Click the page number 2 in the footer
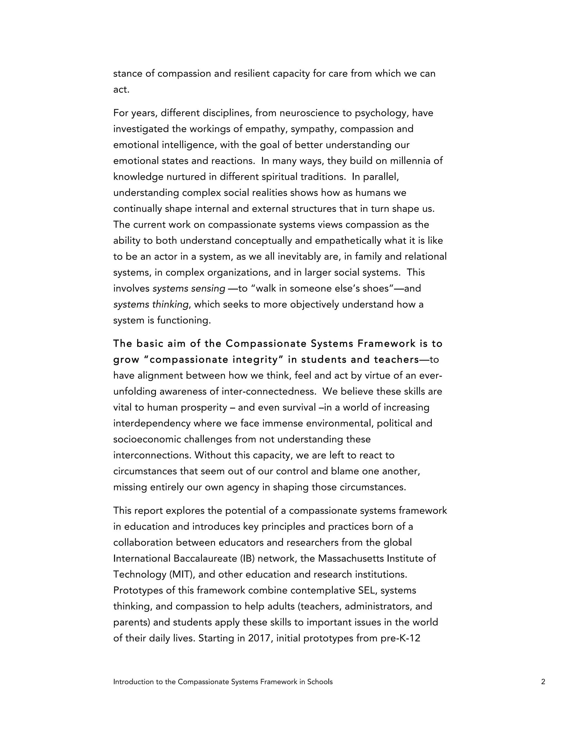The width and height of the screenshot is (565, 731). [543, 682]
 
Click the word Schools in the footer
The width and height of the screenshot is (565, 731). [320, 682]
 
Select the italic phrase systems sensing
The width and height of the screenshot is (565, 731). [189, 289]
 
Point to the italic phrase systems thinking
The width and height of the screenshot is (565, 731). [151, 305]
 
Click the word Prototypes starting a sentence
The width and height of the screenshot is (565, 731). [138, 590]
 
